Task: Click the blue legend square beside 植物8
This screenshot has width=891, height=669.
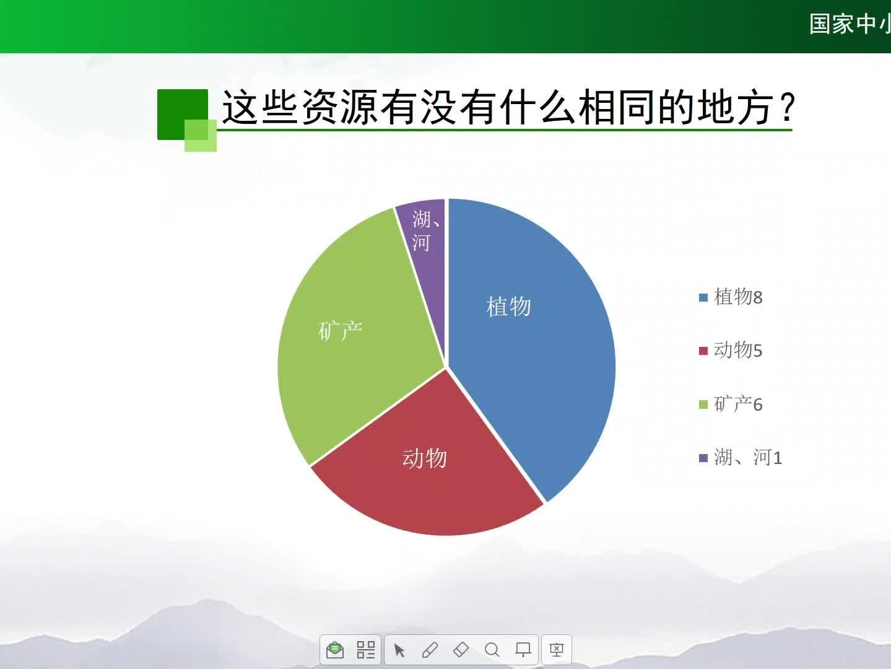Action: (703, 297)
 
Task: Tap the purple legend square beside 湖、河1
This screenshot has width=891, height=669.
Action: (703, 458)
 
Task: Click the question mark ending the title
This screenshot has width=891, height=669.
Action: (788, 107)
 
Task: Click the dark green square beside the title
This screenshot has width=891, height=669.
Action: (183, 114)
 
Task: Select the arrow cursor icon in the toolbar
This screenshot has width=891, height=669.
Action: (399, 650)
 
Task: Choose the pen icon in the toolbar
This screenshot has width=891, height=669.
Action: (430, 650)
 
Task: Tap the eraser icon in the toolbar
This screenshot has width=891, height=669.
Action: (461, 650)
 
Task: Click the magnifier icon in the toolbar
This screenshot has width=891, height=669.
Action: (492, 650)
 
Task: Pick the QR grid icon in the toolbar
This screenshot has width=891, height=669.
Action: (366, 650)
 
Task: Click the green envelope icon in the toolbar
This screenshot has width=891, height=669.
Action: (335, 650)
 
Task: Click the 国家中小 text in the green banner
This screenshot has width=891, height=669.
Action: (850, 24)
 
